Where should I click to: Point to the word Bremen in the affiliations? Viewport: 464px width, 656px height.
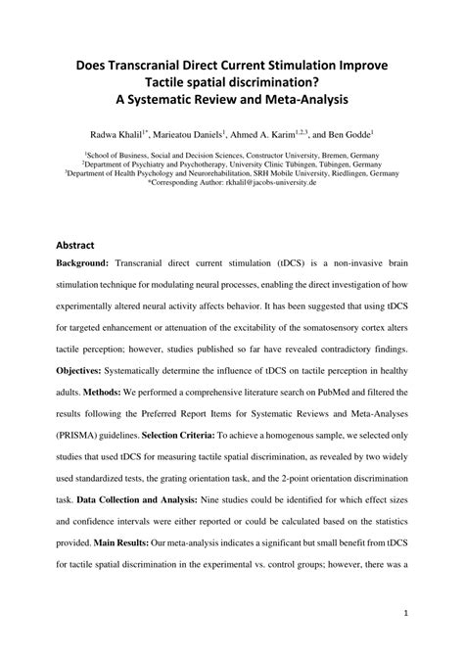(x=340, y=155)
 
